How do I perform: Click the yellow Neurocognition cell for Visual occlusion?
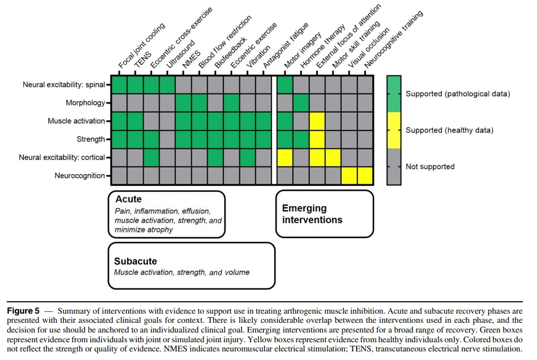pos(349,176)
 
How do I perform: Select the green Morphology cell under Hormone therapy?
pos(301,103)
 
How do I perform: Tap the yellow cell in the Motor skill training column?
pos(333,157)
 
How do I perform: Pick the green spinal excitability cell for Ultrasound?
pos(168,85)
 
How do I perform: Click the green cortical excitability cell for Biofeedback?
pos(215,157)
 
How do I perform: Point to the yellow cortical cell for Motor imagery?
pos(285,157)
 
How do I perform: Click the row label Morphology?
pos(85,103)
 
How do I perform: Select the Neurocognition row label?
pos(80,176)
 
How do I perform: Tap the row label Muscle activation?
pos(76,121)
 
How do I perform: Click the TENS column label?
pos(143,60)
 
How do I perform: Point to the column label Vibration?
pos(258,57)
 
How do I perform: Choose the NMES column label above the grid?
pos(191,60)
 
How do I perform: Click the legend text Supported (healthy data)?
pos(449,130)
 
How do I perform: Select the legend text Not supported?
pos(430,167)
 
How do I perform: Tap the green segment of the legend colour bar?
pos(394,94)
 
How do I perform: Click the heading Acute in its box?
pos(128,199)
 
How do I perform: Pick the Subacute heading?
pos(136,261)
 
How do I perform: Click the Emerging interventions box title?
pos(312,213)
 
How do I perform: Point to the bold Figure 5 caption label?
pos(23,311)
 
